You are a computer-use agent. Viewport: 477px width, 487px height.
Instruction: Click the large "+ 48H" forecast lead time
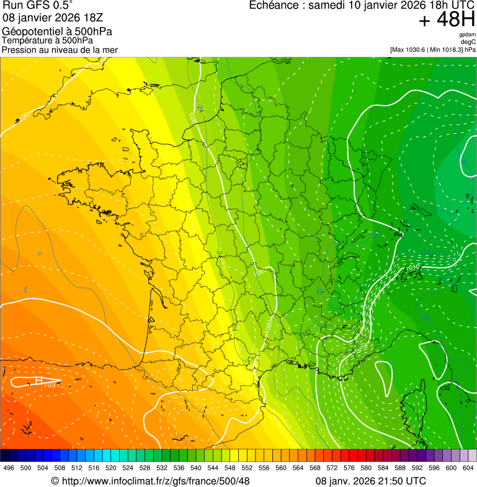447,20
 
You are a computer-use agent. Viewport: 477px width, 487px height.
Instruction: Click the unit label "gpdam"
467,35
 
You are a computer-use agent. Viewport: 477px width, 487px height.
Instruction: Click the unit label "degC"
468,42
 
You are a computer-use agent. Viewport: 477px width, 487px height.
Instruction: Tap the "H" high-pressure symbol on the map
38,380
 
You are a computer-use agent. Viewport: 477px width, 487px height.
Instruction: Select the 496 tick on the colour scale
9,468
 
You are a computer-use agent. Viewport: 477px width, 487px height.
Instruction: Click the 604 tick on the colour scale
468,468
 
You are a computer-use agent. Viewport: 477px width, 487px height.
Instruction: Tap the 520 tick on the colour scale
110,468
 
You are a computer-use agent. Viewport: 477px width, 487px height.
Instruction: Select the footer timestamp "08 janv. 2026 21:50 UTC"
371,481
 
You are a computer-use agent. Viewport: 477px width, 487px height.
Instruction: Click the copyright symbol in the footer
55,481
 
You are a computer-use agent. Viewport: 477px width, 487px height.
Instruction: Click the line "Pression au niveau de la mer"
60,50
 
